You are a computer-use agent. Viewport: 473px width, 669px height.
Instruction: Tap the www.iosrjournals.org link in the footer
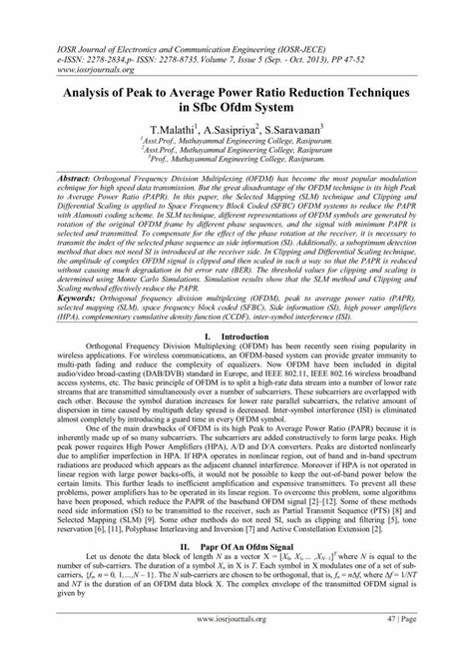coord(236,647)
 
